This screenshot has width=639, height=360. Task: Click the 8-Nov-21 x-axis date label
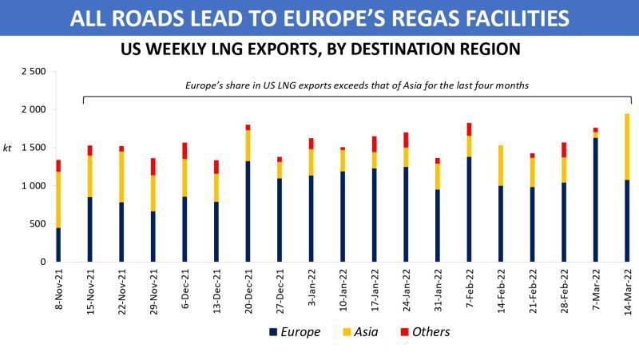tap(58, 293)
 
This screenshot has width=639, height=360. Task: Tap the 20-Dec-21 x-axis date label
tap(248, 293)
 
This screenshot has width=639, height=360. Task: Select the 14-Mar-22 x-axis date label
tap(627, 293)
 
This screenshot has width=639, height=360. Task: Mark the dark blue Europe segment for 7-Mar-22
tap(595, 200)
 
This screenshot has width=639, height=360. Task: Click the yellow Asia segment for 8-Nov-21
tap(58, 200)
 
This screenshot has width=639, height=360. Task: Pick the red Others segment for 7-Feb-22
tap(469, 129)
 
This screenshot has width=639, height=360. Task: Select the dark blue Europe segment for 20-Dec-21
tap(248, 212)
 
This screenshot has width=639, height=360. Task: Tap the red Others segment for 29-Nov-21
tap(153, 167)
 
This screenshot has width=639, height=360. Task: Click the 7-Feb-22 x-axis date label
tap(469, 293)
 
